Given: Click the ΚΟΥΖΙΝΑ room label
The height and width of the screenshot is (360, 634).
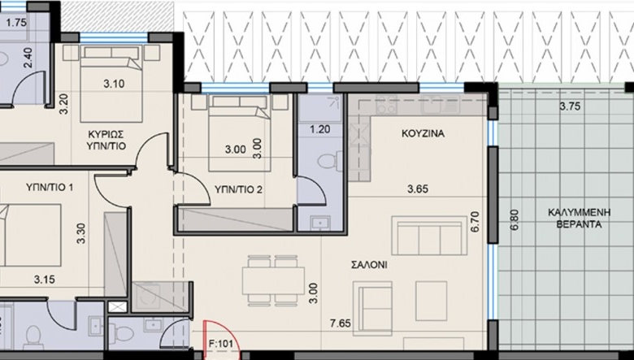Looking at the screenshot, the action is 423,133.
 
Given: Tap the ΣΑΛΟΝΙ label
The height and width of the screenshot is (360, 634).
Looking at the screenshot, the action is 369,265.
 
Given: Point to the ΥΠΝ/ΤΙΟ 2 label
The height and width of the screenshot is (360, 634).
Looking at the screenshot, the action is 238,189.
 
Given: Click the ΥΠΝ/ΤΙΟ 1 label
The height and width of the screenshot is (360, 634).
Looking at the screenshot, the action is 50,188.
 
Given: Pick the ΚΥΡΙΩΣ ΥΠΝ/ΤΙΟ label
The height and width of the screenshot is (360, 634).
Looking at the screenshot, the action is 106,140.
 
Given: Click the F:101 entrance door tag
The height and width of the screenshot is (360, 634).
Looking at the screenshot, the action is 221,345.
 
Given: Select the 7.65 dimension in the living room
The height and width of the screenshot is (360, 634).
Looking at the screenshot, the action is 340,323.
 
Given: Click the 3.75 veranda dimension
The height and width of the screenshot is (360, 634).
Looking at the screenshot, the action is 570,106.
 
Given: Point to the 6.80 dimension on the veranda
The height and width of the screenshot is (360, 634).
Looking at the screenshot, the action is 515,219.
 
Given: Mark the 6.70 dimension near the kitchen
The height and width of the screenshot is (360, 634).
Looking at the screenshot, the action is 475,221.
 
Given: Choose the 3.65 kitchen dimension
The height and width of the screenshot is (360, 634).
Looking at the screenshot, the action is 417,189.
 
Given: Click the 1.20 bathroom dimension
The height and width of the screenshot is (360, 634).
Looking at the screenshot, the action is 319,129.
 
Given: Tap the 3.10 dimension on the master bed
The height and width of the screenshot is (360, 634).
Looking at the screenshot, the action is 114,84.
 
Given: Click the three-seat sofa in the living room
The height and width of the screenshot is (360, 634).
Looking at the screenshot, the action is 429,236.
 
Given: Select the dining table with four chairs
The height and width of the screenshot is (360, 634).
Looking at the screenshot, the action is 273,280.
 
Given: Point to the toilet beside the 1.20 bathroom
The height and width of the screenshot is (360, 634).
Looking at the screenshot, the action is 329,162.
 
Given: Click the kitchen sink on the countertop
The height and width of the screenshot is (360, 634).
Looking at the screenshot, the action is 440,104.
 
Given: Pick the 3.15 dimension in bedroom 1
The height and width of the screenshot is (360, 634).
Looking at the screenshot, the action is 45,280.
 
